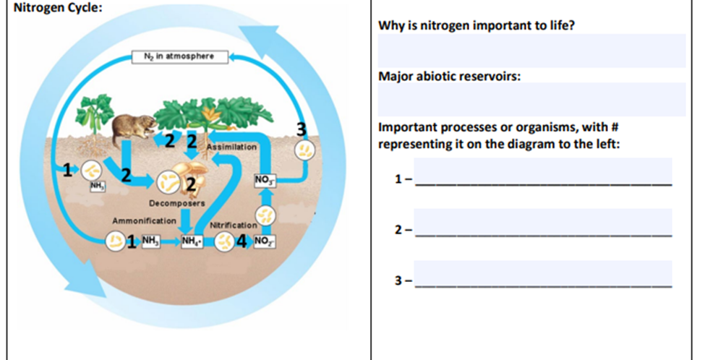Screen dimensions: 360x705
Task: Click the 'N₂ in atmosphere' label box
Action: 180,56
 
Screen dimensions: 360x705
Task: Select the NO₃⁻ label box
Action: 263,179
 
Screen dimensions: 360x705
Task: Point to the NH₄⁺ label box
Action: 192,241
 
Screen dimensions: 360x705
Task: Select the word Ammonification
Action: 143,220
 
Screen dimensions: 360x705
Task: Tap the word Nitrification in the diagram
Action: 233,226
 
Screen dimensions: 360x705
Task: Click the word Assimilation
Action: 231,147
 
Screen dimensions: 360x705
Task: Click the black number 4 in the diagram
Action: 243,241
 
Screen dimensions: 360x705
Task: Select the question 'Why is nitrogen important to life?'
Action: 481,26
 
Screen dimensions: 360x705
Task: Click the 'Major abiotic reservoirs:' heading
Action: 449,75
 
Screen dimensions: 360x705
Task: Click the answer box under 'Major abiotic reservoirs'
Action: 531,99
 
